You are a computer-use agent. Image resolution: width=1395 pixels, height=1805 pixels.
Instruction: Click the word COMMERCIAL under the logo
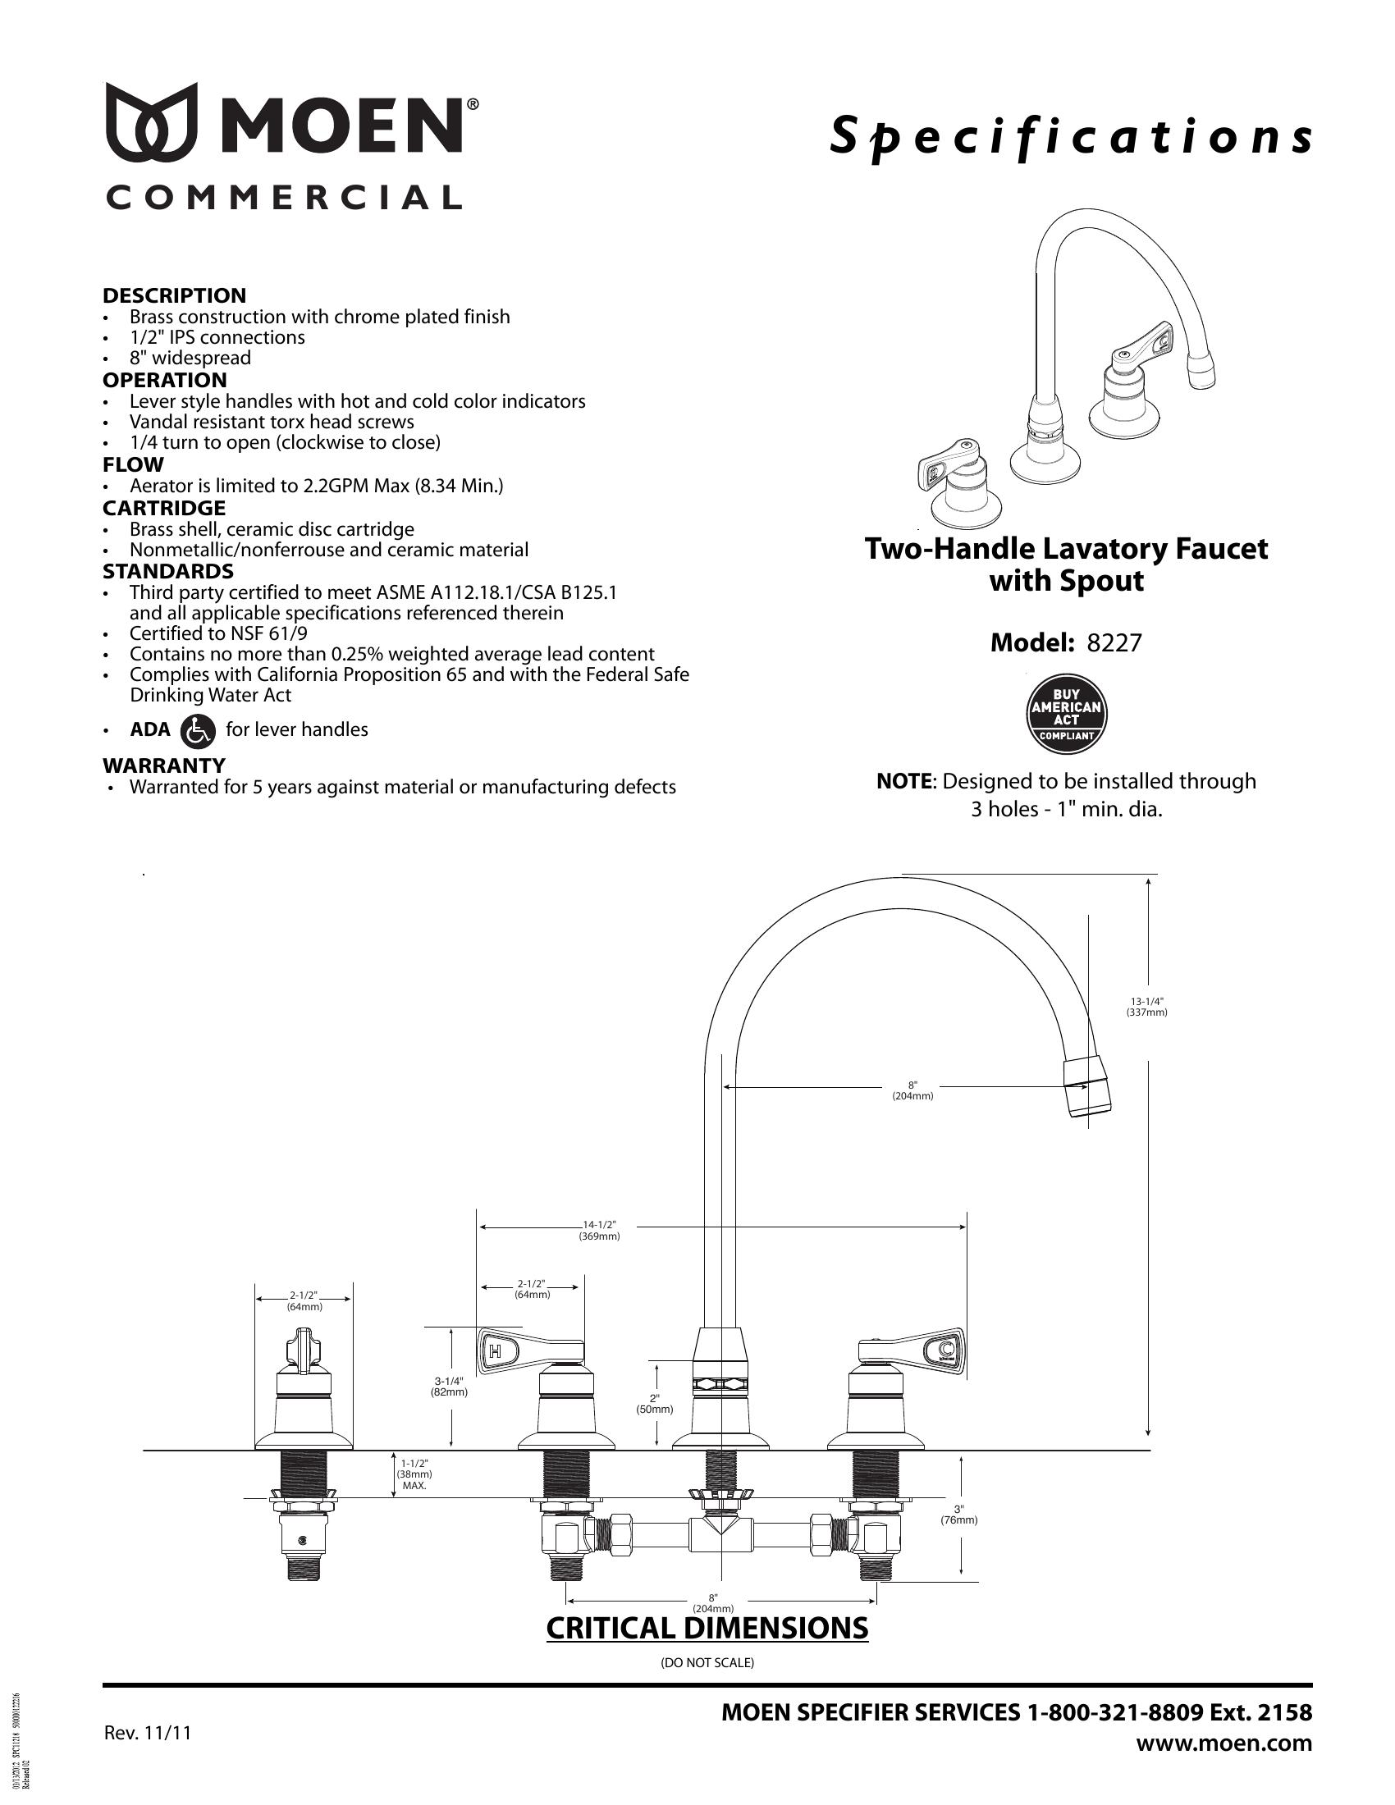282,198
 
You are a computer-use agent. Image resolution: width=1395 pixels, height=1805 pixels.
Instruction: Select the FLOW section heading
133,464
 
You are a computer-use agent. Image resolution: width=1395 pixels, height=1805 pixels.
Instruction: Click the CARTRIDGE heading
163,507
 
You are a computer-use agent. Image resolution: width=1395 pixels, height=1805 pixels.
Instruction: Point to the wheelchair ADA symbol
197,729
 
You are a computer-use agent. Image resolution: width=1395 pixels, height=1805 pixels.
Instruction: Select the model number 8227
1114,643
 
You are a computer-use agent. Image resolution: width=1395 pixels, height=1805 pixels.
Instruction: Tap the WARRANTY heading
162,765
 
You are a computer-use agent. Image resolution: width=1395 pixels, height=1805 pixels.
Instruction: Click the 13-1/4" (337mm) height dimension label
1146,1006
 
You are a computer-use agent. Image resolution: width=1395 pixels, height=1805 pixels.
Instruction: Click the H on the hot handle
495,1352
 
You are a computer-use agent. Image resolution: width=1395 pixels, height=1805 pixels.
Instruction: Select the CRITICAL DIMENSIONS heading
707,1627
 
